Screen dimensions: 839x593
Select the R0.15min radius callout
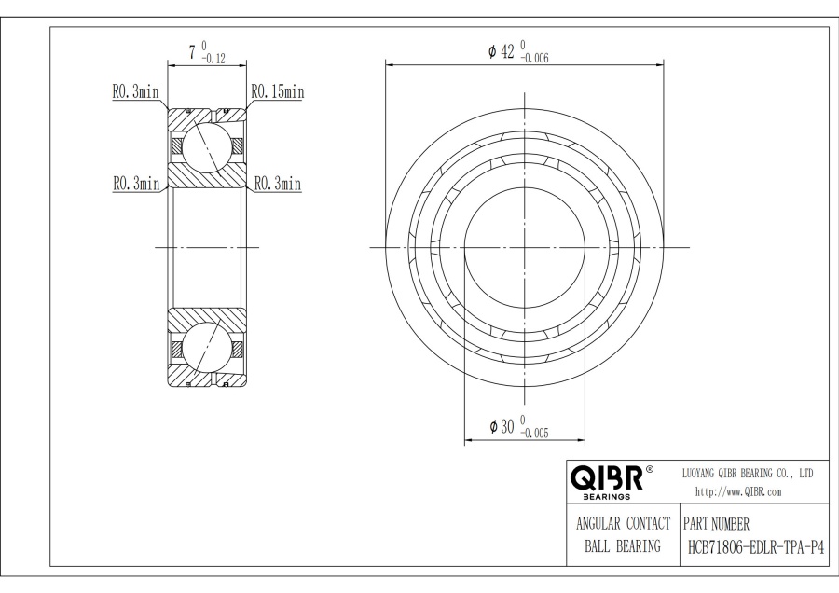coord(278,92)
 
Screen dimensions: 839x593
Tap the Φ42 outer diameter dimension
coord(502,51)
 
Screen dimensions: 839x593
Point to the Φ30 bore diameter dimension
coord(502,426)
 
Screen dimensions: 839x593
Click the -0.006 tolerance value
coord(534,59)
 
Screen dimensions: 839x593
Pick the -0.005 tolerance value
coord(534,434)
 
